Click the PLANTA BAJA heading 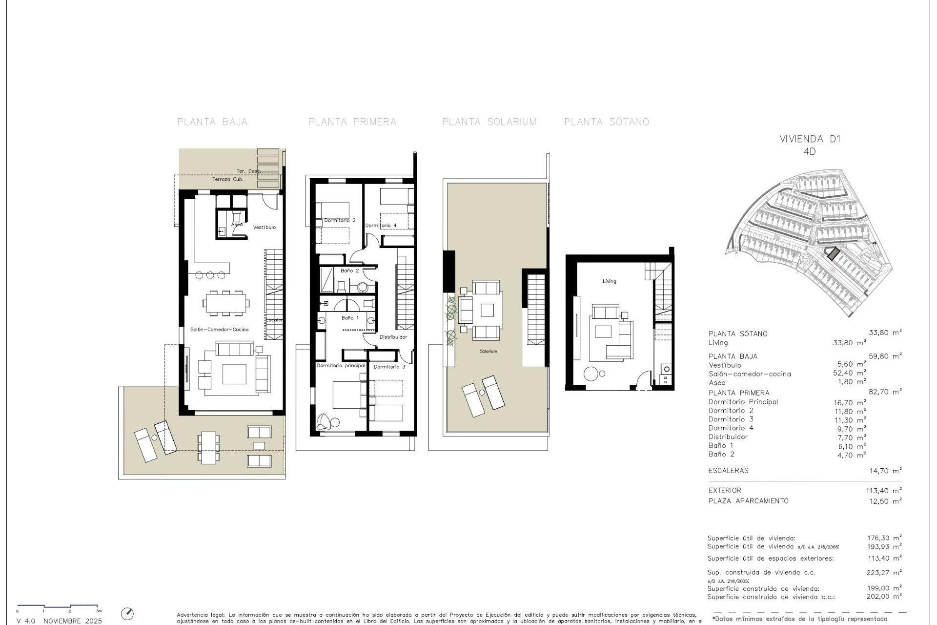click(212, 122)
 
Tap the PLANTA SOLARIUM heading click(489, 122)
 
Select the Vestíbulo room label click(265, 227)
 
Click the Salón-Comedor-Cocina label click(220, 330)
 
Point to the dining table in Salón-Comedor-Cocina click(226, 303)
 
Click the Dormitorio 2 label click(340, 221)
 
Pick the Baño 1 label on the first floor click(350, 318)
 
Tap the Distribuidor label click(393, 337)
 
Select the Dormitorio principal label click(341, 366)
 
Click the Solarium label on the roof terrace click(488, 351)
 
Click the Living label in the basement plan click(609, 281)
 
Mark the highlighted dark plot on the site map click(833, 253)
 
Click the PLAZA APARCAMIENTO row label click(748, 501)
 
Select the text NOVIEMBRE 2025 click(73, 621)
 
